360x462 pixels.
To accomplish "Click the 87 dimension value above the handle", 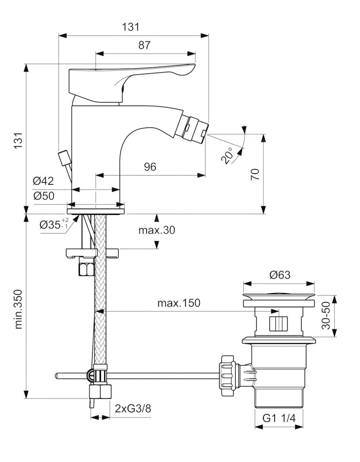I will (x=145, y=45).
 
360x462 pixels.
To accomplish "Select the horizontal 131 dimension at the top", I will (x=131, y=27).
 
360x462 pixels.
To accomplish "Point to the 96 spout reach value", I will (x=150, y=167).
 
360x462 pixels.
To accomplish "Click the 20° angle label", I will (x=228, y=156).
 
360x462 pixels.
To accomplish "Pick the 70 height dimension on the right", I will (x=255, y=174).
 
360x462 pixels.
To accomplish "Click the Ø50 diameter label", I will (x=43, y=196).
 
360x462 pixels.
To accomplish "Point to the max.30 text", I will (x=157, y=230).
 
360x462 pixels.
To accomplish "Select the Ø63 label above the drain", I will (x=280, y=275).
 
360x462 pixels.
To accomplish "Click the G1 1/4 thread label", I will (x=279, y=418).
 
